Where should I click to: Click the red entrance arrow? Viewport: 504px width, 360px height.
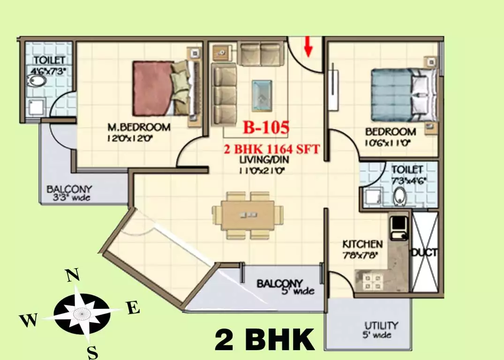pyautogui.click(x=308, y=47)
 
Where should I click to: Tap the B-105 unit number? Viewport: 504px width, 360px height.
pyautogui.click(x=265, y=127)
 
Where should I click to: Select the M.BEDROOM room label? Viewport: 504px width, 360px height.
pyautogui.click(x=139, y=127)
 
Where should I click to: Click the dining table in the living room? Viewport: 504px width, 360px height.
pyautogui.click(x=248, y=215)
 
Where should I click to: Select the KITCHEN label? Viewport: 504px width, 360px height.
pyautogui.click(x=362, y=244)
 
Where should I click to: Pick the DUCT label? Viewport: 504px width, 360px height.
pyautogui.click(x=424, y=253)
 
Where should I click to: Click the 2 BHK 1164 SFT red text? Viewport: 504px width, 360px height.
pyautogui.click(x=272, y=150)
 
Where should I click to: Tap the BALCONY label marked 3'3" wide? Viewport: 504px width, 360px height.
pyautogui.click(x=69, y=189)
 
